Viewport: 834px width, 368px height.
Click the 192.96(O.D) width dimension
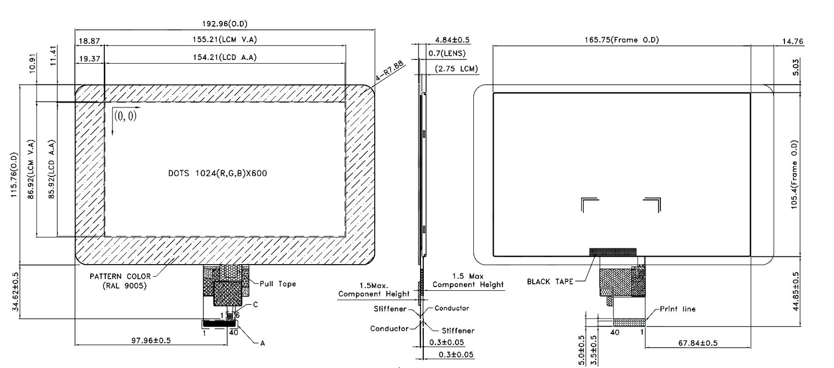[x=224, y=23]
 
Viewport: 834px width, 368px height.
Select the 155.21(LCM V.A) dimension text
[x=224, y=40]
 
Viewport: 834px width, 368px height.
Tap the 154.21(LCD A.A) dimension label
[x=225, y=57]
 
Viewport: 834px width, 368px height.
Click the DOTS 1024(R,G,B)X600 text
[x=217, y=173]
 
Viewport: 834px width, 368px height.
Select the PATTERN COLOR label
[x=120, y=277]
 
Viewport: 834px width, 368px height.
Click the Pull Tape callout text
[x=278, y=284]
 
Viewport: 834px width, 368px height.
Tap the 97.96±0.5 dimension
[x=151, y=340]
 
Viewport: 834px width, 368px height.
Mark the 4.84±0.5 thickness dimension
[x=452, y=40]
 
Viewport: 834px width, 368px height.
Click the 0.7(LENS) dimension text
[x=447, y=53]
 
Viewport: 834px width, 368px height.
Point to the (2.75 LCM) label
[x=456, y=69]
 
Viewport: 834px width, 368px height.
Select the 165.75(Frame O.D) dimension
[x=620, y=40]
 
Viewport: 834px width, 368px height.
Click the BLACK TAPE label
[x=549, y=282]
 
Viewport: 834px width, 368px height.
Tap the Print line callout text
[x=678, y=309]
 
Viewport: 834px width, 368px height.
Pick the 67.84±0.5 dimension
[x=697, y=343]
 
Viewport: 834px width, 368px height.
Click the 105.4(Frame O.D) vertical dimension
[x=794, y=174]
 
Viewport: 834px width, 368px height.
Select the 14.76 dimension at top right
[x=793, y=42]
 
